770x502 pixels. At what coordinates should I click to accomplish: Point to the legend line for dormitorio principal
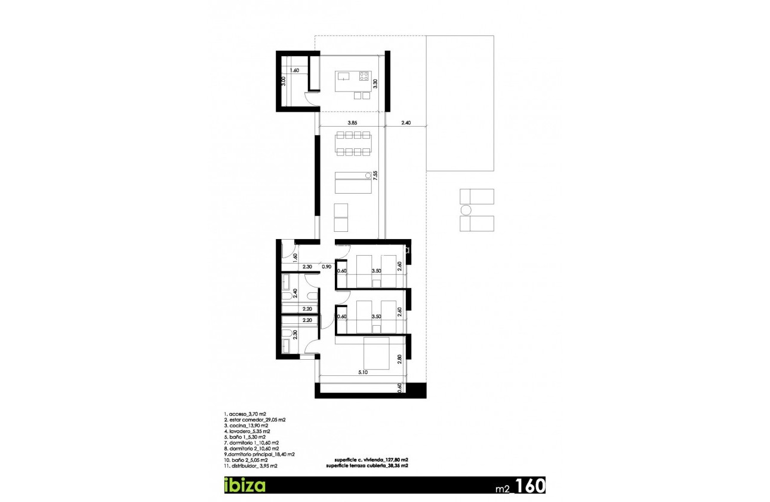coord(257,454)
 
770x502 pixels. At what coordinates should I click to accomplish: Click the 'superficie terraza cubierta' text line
coord(367,465)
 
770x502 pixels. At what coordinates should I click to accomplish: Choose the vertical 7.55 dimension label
coord(375,177)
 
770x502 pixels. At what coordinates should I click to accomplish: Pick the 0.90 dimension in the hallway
coord(327,267)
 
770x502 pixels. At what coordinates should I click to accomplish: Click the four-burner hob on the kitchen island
coord(364,76)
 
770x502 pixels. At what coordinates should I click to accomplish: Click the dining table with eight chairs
coord(353,144)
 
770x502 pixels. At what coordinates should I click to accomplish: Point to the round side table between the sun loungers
coord(466,210)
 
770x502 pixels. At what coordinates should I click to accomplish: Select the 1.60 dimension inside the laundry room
coord(294,71)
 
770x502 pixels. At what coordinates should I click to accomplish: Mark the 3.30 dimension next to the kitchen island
coord(375,84)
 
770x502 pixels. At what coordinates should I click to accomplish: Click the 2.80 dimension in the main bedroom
coord(400,360)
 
